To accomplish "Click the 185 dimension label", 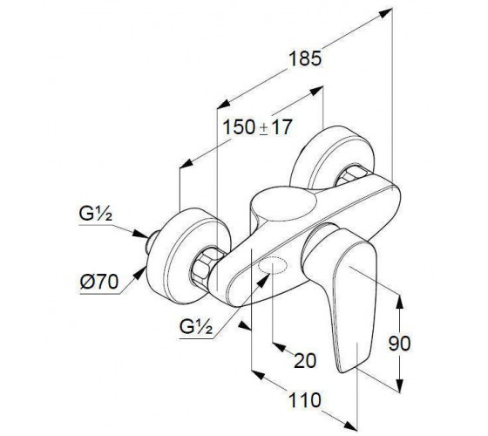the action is coord(305,58).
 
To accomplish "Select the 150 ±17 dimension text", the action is coord(258,127).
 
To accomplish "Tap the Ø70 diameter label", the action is coord(99,282).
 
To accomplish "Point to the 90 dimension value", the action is coord(399,344).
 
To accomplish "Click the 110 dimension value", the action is coord(305,399).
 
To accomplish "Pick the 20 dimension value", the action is coord(305,361).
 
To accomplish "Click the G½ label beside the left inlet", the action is coord(95,214).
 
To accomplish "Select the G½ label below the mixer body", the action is coord(196,327).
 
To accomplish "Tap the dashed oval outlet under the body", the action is coord(272,264).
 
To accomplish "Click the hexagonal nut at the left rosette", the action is coord(206,266).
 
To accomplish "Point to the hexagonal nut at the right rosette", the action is coord(352,174).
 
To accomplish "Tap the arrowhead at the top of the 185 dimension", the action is coord(386,13).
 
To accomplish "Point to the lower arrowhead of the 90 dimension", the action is coord(400,385).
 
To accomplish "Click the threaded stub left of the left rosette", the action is coord(152,242).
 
